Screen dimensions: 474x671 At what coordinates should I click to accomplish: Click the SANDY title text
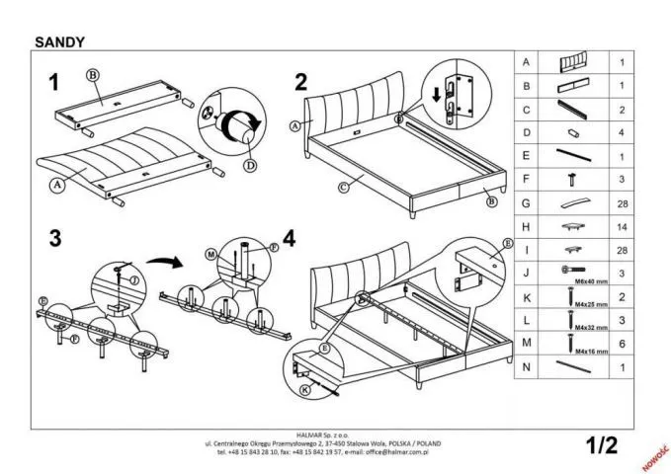59,42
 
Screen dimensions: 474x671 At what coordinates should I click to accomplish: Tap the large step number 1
55,83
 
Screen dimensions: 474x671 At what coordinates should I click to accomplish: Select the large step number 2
300,83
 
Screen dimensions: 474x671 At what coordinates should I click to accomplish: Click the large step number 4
289,238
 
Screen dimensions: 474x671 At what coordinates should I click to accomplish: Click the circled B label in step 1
93,75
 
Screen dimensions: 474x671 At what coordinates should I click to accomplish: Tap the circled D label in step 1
250,166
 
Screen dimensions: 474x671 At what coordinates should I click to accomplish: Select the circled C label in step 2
343,186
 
